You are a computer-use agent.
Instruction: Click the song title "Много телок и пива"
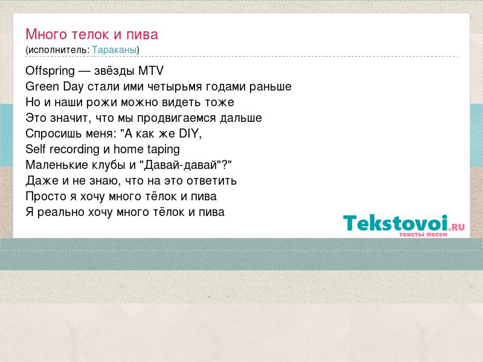point(92,34)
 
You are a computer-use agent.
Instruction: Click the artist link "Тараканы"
point(114,49)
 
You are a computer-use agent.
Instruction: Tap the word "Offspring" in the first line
point(50,71)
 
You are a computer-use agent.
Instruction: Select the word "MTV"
point(151,71)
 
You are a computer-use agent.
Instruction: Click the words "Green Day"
point(54,87)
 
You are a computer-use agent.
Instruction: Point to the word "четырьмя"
point(174,87)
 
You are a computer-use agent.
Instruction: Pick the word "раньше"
point(270,87)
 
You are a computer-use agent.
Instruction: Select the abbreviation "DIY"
point(189,133)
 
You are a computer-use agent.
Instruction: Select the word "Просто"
point(46,197)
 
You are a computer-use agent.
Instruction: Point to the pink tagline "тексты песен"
point(423,235)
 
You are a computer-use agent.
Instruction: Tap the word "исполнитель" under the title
point(57,50)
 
